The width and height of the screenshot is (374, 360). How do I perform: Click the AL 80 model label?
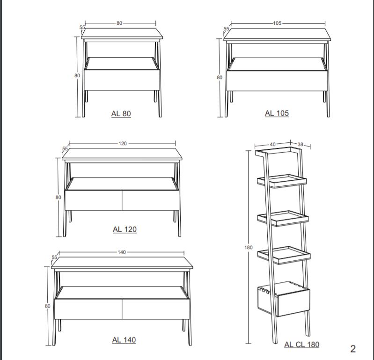click(121, 114)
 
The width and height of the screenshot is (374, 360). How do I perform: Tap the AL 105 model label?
click(277, 113)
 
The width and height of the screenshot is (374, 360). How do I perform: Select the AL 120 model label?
click(125, 229)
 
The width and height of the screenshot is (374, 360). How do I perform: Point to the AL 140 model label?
click(124, 340)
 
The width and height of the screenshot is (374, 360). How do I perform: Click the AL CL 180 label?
click(302, 345)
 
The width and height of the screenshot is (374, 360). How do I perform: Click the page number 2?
click(353, 349)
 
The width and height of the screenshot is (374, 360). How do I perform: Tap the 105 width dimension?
click(277, 23)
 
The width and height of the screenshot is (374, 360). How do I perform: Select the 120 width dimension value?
click(123, 143)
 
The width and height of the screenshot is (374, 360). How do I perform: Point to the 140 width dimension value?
click(122, 252)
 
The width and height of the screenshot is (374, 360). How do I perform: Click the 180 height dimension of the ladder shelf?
click(248, 247)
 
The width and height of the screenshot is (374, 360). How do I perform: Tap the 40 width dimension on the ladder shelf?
click(272, 144)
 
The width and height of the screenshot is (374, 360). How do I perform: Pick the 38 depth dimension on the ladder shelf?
click(301, 144)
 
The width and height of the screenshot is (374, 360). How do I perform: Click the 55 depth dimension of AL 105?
click(226, 29)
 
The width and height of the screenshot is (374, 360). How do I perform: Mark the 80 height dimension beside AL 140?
click(48, 306)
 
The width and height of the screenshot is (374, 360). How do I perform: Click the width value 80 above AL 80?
click(119, 23)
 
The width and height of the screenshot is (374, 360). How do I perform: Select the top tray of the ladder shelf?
click(282, 181)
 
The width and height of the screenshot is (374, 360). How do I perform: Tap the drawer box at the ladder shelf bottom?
click(284, 299)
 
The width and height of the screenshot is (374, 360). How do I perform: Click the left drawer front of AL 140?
click(88, 309)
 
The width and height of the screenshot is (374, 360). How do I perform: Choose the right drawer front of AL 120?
click(151, 200)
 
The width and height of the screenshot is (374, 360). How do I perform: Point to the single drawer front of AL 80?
click(122, 80)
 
